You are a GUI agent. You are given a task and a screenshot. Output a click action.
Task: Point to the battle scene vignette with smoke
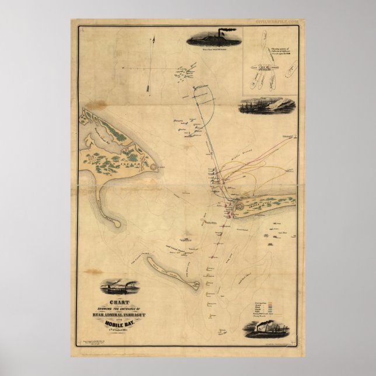(268, 106)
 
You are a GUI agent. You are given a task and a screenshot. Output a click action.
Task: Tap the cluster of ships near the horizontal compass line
(187, 74)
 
